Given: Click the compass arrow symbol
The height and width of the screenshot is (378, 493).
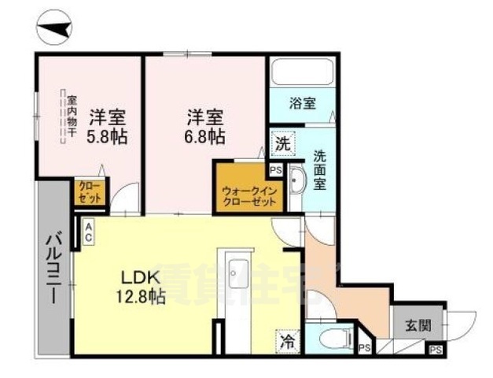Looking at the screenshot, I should [x=56, y=29].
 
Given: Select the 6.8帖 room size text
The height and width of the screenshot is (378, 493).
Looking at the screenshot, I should [x=205, y=135].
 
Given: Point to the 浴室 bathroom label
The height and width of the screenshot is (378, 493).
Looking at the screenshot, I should [x=302, y=102].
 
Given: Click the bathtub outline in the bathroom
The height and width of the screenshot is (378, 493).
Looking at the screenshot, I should [x=302, y=74].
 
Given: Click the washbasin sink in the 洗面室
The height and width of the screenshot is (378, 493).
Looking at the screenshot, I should [x=297, y=182].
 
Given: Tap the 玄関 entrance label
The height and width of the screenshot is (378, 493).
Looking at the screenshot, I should [x=417, y=323].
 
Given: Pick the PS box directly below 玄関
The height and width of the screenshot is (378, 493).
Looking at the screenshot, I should [x=434, y=348].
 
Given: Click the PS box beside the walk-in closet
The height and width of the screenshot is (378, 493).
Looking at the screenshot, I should [x=275, y=169].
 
